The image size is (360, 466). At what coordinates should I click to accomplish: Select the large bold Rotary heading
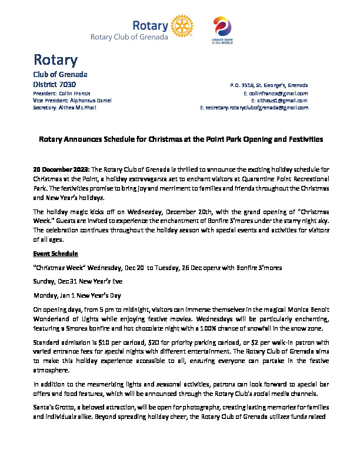point(55,60)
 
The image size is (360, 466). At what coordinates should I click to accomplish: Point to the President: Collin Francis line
point(61,93)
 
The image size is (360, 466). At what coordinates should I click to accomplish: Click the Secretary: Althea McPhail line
point(64,108)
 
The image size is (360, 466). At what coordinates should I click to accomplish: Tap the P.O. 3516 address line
point(269,85)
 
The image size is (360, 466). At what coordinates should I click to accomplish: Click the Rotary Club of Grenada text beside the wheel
point(129,37)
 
